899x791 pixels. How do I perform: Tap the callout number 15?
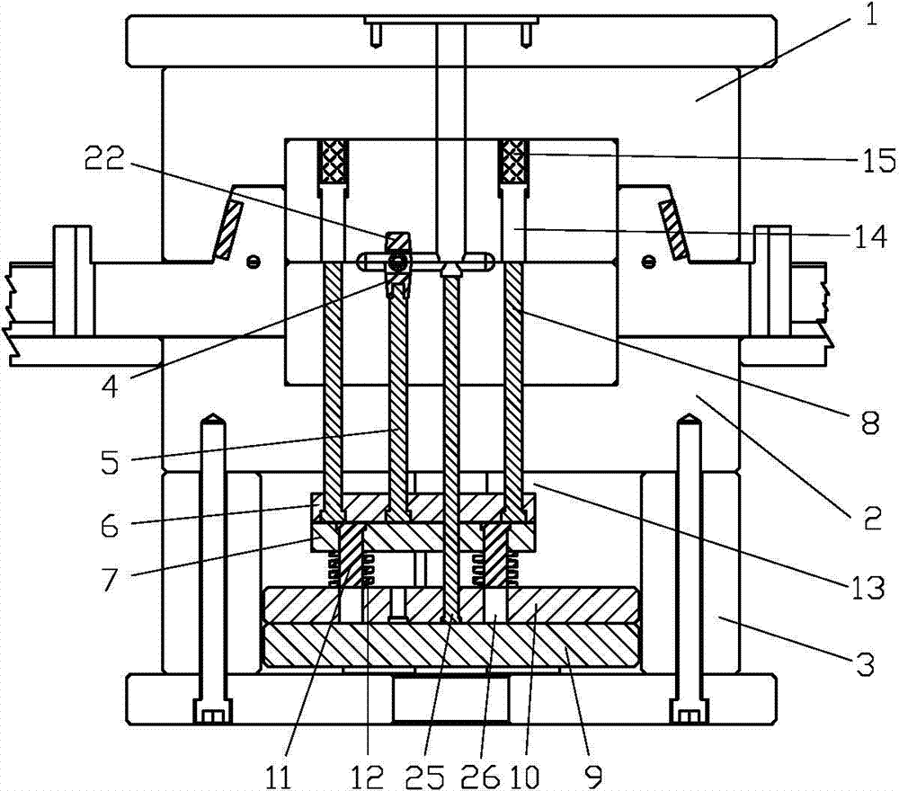(877, 161)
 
